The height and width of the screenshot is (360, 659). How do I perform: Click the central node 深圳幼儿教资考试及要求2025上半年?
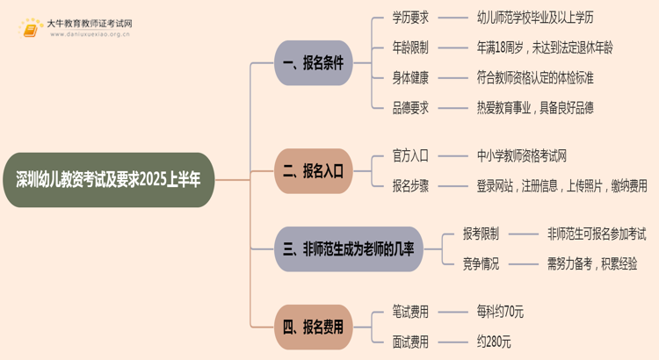point(108,179)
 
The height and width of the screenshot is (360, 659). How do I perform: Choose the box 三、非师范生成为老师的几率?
point(349,249)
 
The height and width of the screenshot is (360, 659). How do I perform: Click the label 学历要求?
point(410,18)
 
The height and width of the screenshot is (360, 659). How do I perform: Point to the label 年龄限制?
point(410,47)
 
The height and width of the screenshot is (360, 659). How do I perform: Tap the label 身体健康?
point(410,77)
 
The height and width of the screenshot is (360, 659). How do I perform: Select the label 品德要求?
point(410,107)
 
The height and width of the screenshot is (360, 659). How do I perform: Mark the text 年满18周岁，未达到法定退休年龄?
point(544,47)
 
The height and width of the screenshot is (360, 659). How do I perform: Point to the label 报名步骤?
point(410,185)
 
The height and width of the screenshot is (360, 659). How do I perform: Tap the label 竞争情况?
point(481,263)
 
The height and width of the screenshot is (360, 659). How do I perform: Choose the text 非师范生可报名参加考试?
point(597,234)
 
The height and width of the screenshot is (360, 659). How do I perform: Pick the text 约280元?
point(493,342)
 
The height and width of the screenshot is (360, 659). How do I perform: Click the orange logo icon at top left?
point(32,28)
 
